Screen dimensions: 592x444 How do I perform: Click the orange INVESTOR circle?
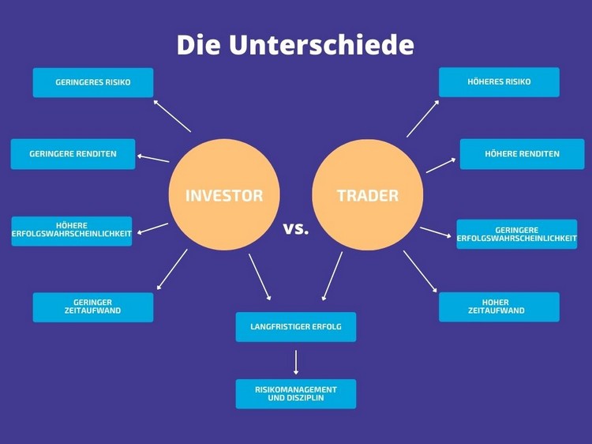tap(224, 194)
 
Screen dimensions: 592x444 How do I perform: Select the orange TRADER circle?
tap(368, 194)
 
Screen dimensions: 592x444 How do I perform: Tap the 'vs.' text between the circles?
tap(296, 228)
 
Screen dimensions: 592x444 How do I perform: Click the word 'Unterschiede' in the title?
tap(321, 44)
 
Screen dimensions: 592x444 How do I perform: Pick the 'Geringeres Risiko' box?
tap(93, 82)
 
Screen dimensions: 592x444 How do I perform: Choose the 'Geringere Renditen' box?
tap(73, 154)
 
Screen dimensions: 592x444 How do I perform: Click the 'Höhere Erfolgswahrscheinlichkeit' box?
tap(72, 231)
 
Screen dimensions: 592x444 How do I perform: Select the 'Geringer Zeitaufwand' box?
tap(93, 307)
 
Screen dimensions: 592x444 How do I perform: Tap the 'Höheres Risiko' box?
tap(499, 82)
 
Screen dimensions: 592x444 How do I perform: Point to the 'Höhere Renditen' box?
tap(523, 154)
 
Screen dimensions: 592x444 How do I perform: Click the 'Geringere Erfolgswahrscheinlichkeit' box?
tap(517, 234)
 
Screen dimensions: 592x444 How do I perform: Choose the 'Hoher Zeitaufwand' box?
tap(499, 307)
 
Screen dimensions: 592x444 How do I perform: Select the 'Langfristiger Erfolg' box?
tap(296, 327)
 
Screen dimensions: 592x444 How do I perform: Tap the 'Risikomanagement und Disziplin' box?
tap(296, 393)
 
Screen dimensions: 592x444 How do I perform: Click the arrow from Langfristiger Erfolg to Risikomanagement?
tap(296, 363)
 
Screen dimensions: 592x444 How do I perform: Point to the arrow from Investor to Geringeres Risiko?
tap(172, 116)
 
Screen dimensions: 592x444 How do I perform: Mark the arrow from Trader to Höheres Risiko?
tap(423, 119)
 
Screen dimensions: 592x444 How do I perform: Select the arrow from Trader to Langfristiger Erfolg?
tap(332, 277)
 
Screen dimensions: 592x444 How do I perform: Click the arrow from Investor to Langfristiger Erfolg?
tap(260, 277)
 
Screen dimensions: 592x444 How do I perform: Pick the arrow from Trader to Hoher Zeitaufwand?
tap(420, 271)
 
